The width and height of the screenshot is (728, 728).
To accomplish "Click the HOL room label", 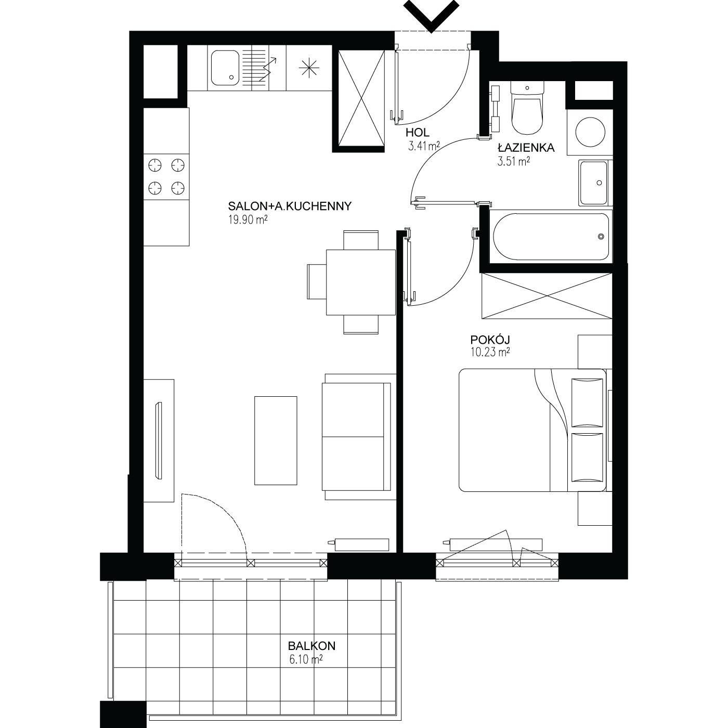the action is click(x=418, y=133).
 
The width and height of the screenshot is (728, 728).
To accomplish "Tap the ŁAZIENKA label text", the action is click(x=526, y=148).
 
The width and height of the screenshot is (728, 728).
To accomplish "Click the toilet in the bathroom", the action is click(x=527, y=108).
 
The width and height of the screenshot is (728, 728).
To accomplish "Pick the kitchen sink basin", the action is click(x=225, y=68).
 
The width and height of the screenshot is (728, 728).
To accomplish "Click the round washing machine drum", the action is click(x=590, y=132).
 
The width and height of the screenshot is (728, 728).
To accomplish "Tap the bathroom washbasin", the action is click(x=594, y=183).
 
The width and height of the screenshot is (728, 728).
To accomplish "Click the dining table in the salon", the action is click(x=361, y=282).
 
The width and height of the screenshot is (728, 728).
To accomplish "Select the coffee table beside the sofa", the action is click(x=276, y=440).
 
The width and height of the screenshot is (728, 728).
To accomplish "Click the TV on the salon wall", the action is click(x=159, y=441).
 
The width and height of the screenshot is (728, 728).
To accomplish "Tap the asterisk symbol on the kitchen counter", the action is click(x=309, y=68).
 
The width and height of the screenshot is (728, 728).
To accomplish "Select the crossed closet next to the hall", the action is click(x=361, y=98).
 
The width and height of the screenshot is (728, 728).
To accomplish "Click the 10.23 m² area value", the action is click(x=490, y=353).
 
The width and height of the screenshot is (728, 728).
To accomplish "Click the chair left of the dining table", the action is click(x=317, y=282).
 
